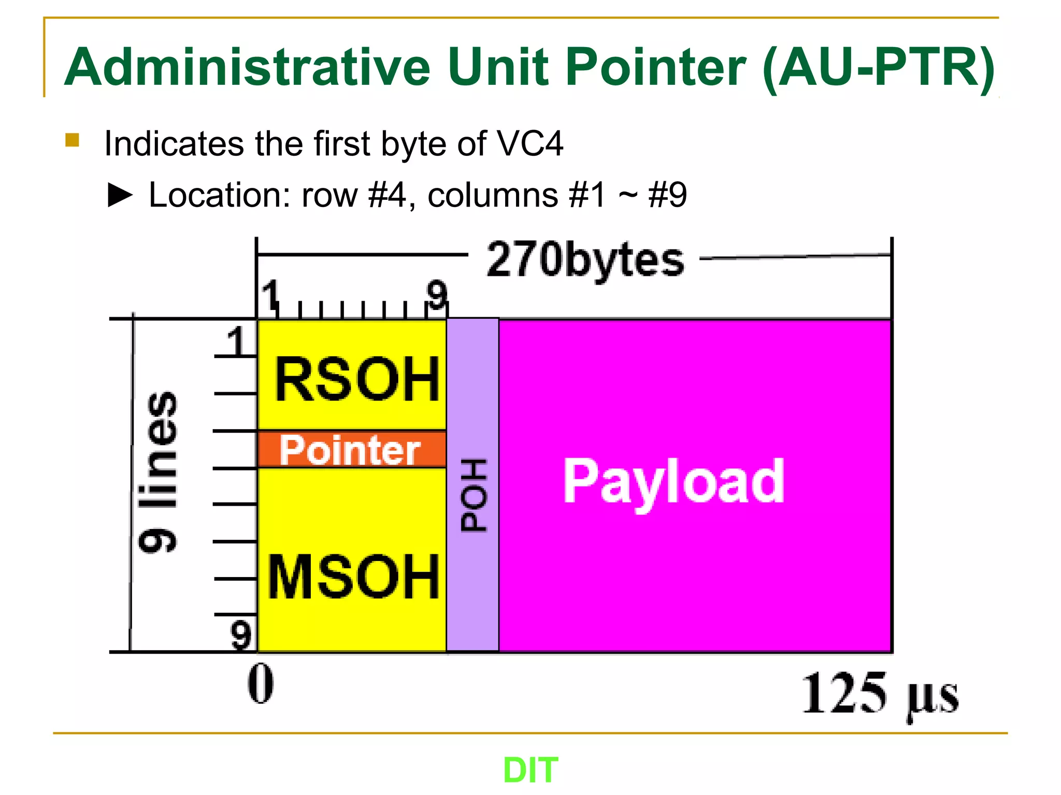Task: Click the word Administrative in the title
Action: tap(247, 67)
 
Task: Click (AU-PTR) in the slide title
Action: tap(879, 67)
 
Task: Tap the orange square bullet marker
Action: tap(72, 140)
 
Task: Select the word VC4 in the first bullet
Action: tap(529, 143)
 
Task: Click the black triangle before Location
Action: tap(120, 196)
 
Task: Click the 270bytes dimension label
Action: tap(585, 260)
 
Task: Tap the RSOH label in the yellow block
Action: tap(357, 380)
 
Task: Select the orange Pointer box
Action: tap(351, 450)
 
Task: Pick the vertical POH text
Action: tap(474, 495)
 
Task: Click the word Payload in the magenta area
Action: tap(673, 482)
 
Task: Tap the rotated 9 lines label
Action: tap(158, 472)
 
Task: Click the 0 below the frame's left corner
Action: tap(261, 684)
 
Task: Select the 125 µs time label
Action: tap(880, 694)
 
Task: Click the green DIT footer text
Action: tap(530, 770)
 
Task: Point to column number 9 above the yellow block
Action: tap(437, 295)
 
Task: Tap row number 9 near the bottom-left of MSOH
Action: tap(241, 635)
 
